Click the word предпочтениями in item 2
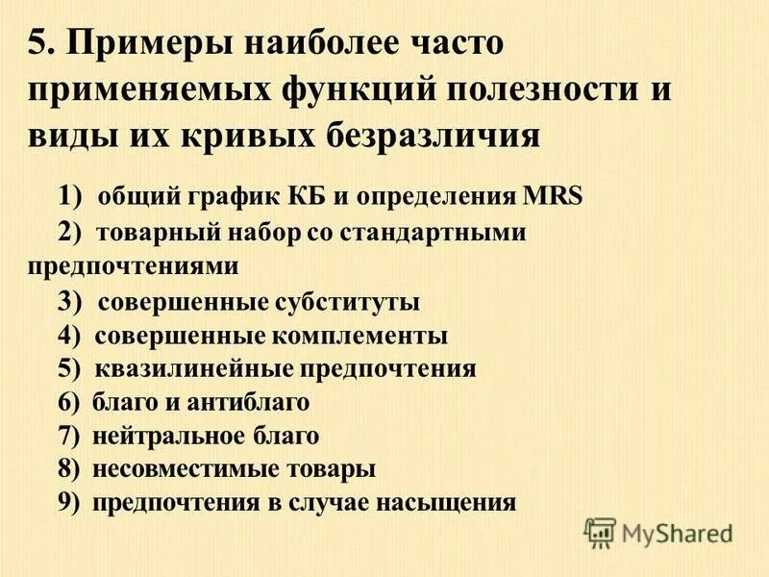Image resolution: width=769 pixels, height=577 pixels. [x=133, y=264]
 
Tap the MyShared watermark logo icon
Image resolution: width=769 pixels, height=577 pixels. [x=600, y=531]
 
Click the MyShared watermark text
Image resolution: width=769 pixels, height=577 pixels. [x=677, y=532]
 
